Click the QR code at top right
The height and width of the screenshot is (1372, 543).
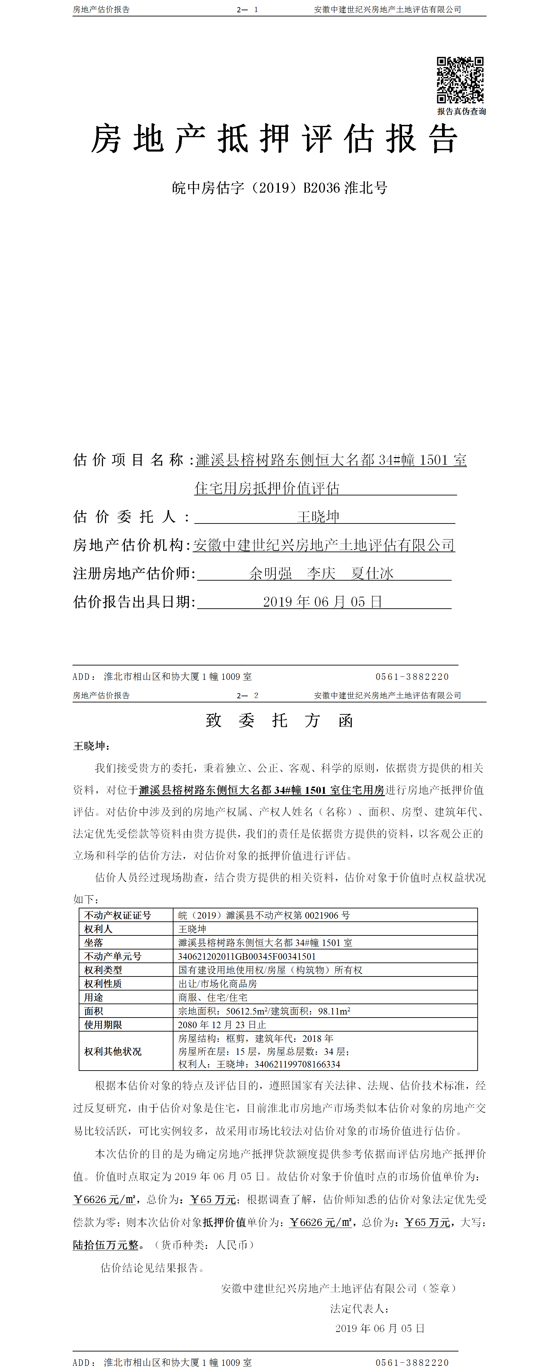tap(460, 80)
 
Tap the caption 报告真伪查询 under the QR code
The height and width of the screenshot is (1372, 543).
tap(462, 111)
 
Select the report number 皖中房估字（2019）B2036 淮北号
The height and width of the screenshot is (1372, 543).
tap(279, 188)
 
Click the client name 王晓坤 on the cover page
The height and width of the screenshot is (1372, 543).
tap(318, 517)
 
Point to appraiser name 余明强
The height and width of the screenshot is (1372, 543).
tap(271, 574)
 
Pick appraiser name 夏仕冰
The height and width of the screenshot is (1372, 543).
tap(372, 574)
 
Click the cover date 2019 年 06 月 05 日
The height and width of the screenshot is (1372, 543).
tap(322, 602)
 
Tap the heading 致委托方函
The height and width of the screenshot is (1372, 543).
tap(279, 721)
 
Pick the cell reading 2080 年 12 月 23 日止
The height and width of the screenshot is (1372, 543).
tap(222, 1025)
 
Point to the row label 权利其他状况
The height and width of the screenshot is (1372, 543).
tap(113, 1051)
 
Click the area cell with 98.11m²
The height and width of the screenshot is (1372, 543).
tap(264, 1011)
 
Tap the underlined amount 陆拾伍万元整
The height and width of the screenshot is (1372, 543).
tap(105, 1245)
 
